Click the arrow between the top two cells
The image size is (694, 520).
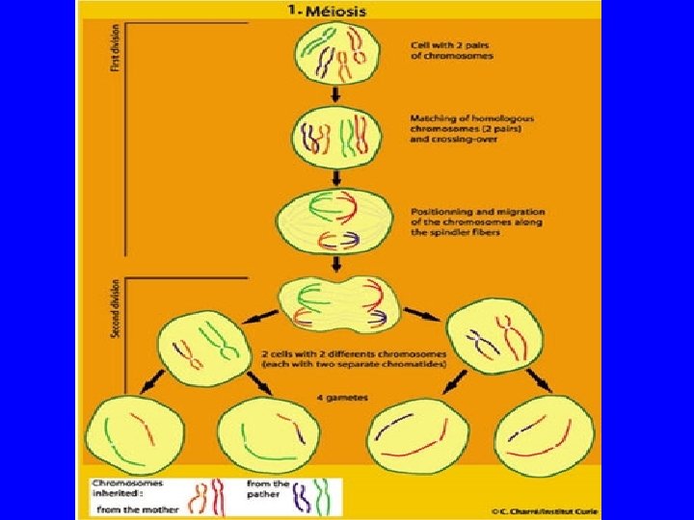point(334,94)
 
